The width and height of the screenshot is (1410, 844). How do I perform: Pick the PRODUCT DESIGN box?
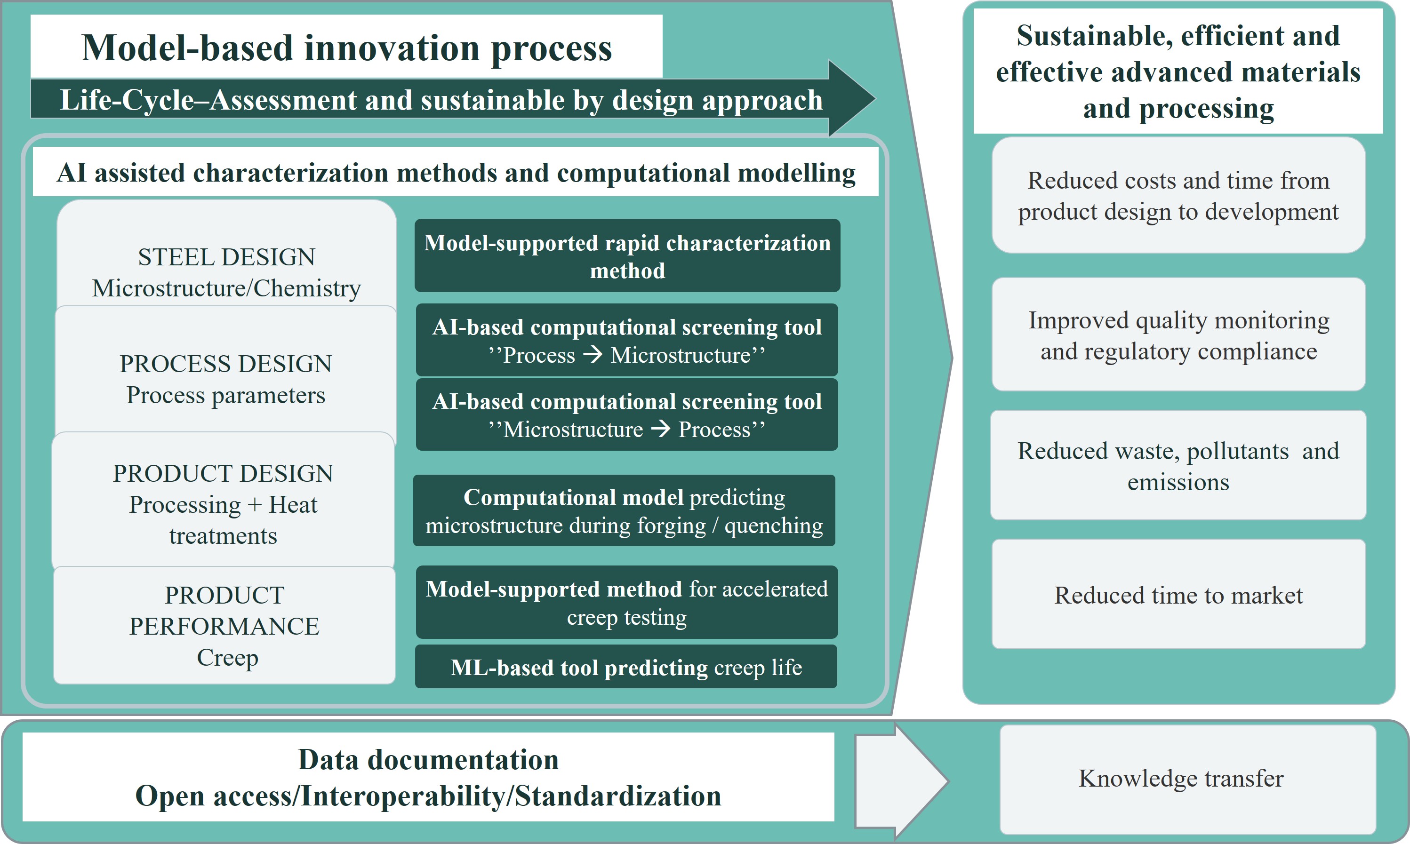[x=223, y=501]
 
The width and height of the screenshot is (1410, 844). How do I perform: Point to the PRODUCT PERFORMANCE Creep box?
[x=224, y=626]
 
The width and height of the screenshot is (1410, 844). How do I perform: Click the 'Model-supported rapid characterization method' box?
[x=627, y=256]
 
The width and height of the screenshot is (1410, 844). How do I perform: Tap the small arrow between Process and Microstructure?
[x=593, y=355]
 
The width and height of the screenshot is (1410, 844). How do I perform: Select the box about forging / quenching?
[x=624, y=511]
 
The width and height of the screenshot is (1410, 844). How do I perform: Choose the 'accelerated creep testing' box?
[x=627, y=602]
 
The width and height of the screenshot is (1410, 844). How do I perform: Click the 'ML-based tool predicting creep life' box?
[x=626, y=667]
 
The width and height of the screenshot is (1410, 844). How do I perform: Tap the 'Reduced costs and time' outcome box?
[x=1178, y=195]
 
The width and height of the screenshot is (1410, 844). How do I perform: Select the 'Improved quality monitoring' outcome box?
[x=1178, y=334]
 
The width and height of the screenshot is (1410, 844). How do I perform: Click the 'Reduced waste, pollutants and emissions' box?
[x=1178, y=465]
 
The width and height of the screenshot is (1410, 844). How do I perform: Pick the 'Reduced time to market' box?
[x=1178, y=594]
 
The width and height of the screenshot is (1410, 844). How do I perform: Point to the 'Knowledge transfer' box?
[x=1187, y=779]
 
